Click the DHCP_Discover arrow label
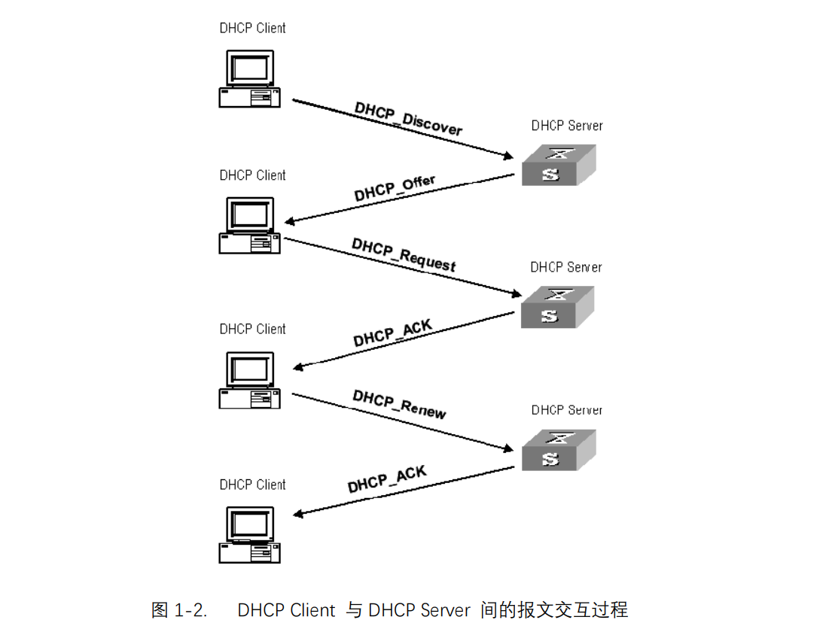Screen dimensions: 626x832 pos(408,119)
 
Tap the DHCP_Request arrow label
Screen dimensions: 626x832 pos(404,254)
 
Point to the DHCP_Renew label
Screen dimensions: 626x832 pos(399,403)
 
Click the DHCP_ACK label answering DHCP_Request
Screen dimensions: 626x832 pos(393,332)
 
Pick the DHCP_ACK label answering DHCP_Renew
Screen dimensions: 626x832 pos(387,479)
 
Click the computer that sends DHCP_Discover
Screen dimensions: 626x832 pos(250,79)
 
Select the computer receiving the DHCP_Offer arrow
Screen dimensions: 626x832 pos(250,225)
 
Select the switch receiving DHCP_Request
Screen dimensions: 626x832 pos(558,307)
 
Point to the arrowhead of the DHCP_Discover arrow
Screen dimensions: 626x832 pos(509,157)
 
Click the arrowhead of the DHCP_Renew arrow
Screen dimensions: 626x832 pos(509,451)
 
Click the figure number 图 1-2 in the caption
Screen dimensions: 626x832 pos(179,609)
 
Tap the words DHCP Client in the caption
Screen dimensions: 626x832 pos(286,609)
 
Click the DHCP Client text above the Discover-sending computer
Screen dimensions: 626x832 pos(252,28)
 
